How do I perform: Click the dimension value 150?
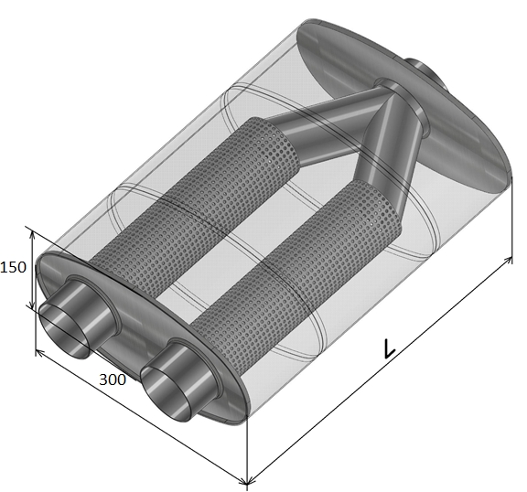coord(13,267)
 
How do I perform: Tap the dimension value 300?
coord(113,380)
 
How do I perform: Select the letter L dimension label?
coord(389,349)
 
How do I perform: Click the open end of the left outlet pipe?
coord(64,333)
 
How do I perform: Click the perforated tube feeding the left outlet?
coord(195,209)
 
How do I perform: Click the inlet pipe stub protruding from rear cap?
coord(425,72)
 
